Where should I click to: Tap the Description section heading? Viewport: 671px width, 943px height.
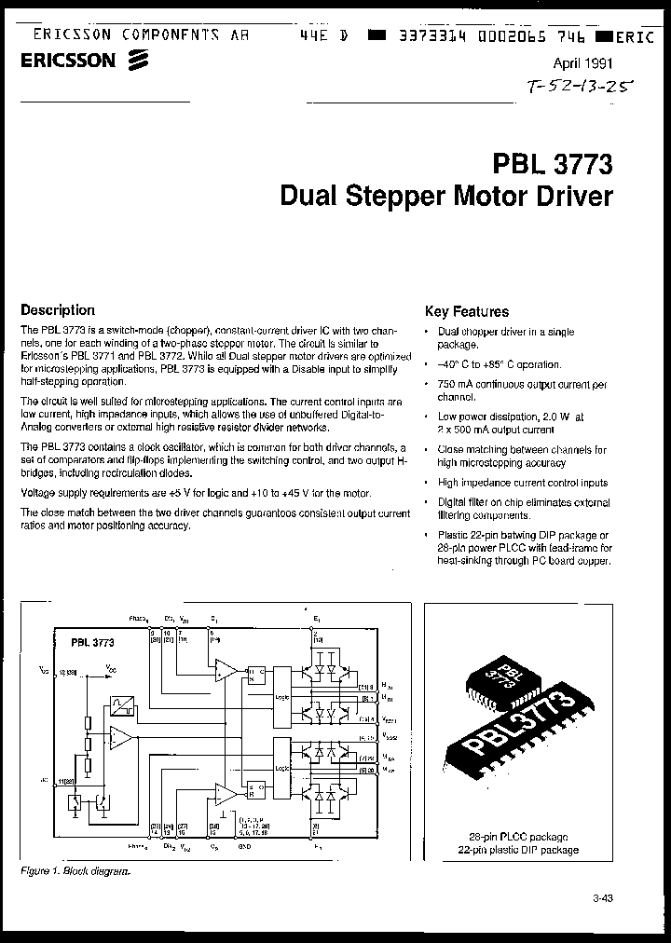coord(58,310)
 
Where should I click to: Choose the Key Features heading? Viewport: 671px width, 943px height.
coord(467,312)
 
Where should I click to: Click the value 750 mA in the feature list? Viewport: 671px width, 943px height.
coord(456,384)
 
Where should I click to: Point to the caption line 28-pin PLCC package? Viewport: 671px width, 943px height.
coord(518,837)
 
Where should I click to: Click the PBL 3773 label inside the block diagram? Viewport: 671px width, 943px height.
coord(92,642)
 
